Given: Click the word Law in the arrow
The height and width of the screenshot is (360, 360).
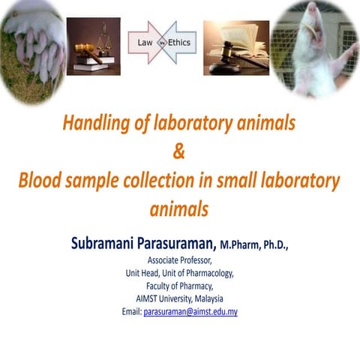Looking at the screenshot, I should pos(145,43).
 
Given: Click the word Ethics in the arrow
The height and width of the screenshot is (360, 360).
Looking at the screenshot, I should pos(179,43).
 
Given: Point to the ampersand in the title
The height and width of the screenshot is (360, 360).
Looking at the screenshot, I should pos(178,152).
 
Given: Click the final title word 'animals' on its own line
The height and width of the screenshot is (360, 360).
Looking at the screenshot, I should pos(178,209).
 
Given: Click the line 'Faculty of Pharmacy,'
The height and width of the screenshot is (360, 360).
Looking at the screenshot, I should pos(179,285).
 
